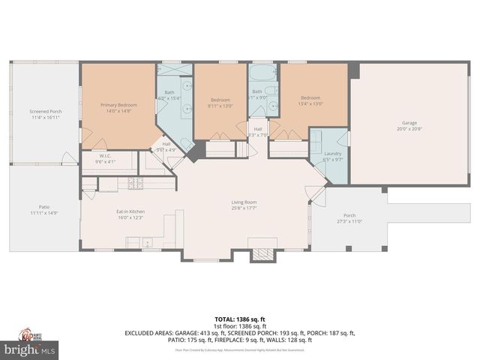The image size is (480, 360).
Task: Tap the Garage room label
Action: pyautogui.click(x=409, y=125)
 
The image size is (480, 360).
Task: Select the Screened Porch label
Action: pyautogui.click(x=46, y=114)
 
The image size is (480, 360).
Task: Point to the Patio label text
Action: pyautogui.click(x=44, y=210)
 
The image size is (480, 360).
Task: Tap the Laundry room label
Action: pyautogui.click(x=332, y=156)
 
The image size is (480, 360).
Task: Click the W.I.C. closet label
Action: pyautogui.click(x=105, y=158)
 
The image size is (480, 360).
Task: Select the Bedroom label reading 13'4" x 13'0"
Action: pyautogui.click(x=310, y=100)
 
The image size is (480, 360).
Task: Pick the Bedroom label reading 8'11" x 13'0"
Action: pyautogui.click(x=220, y=102)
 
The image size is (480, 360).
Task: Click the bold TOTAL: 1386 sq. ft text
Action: pyautogui.click(x=239, y=319)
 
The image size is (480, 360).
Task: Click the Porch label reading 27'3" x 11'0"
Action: pyautogui.click(x=349, y=217)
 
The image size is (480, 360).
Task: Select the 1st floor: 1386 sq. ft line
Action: pyautogui.click(x=239, y=325)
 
